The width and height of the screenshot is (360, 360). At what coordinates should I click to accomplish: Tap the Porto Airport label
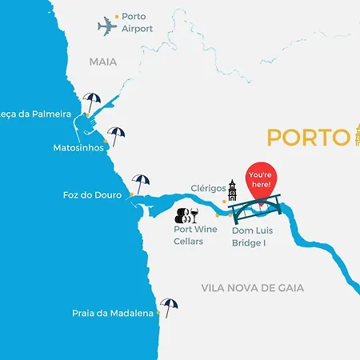tap(137, 22)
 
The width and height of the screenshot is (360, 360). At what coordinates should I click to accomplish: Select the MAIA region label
tap(102, 61)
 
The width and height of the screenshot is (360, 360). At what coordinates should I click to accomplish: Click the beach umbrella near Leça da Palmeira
tap(92, 103)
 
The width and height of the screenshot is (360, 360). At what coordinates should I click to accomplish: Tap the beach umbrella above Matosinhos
tap(117, 136)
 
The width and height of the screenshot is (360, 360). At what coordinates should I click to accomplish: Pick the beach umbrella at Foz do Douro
tap(141, 184)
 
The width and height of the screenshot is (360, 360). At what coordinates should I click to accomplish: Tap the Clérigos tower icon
tap(232, 190)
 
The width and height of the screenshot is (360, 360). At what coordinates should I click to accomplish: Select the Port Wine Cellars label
tap(196, 235)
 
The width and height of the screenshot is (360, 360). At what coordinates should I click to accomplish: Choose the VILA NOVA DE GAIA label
tap(253, 287)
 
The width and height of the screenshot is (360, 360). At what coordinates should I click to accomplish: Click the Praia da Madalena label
tap(112, 314)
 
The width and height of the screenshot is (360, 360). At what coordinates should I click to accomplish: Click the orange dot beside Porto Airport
tap(117, 16)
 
